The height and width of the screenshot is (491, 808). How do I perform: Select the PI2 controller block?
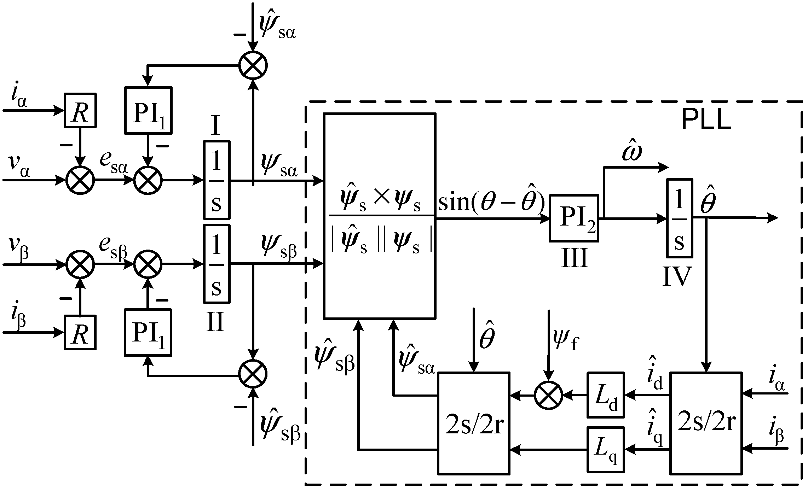pyautogui.click(x=574, y=218)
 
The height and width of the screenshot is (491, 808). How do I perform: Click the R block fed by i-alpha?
pyautogui.click(x=80, y=110)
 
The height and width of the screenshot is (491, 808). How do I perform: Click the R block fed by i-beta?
pyautogui.click(x=80, y=332)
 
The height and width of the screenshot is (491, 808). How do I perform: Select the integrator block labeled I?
pyautogui.click(x=217, y=180)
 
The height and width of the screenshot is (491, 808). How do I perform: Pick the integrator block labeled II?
pyautogui.click(x=217, y=264)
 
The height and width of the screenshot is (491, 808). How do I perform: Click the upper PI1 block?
pyautogui.click(x=148, y=110)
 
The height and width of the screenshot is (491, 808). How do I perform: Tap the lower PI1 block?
pyautogui.click(x=148, y=332)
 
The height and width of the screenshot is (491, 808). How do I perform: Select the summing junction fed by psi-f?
pyautogui.click(x=548, y=395)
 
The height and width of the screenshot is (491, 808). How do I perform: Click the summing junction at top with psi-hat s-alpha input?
pyautogui.click(x=253, y=65)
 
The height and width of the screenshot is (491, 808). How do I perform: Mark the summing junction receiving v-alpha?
pyautogui.click(x=80, y=180)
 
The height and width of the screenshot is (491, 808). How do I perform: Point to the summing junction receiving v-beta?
pyautogui.click(x=80, y=264)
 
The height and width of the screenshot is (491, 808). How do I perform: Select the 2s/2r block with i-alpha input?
pyautogui.click(x=706, y=423)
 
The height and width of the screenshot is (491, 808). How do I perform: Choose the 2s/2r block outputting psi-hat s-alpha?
pyautogui.click(x=474, y=423)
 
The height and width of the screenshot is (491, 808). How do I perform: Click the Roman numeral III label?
pyautogui.click(x=575, y=258)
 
